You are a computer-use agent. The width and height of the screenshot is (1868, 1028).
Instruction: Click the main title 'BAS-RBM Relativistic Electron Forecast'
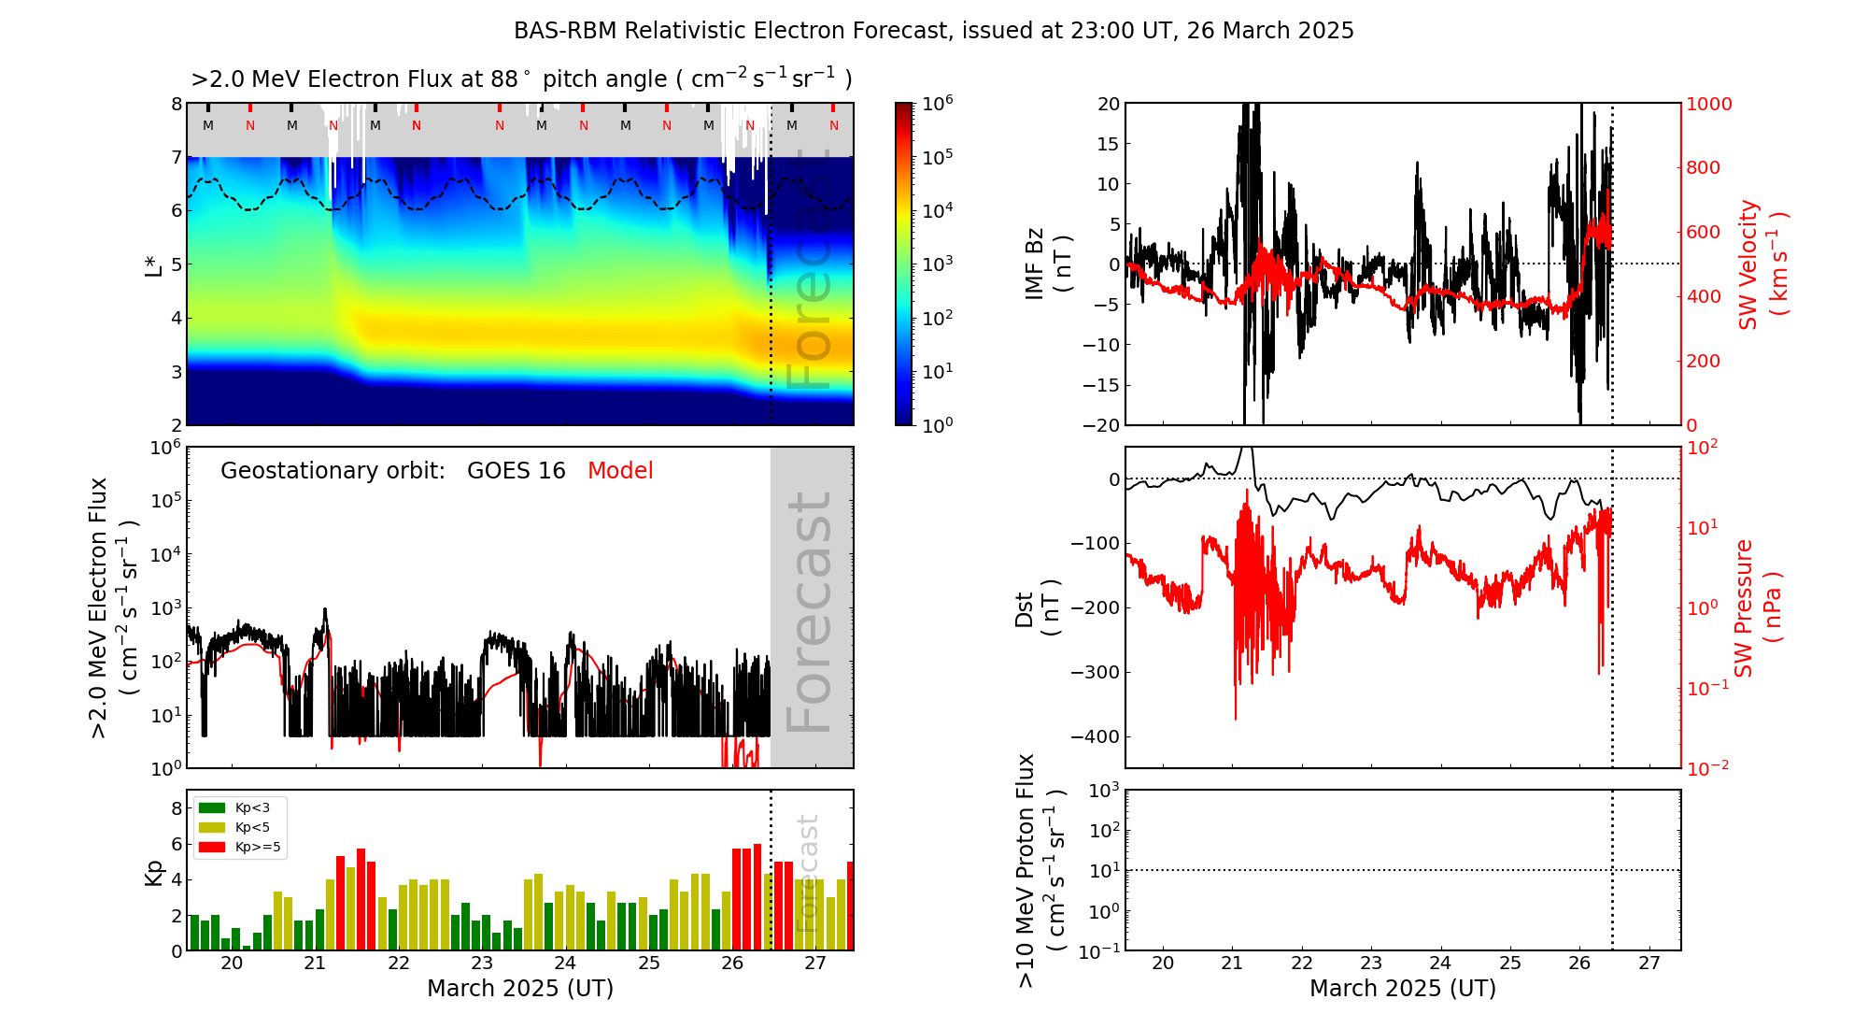(x=933, y=31)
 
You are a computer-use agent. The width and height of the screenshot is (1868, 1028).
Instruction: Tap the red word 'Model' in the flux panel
(x=620, y=471)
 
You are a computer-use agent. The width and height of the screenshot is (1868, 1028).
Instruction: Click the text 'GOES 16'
(x=517, y=471)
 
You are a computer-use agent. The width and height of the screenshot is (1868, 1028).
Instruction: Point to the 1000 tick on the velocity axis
(x=1708, y=104)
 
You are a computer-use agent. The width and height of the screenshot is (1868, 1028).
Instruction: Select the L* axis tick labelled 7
(x=176, y=157)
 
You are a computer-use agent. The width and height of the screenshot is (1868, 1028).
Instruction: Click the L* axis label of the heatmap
(x=153, y=264)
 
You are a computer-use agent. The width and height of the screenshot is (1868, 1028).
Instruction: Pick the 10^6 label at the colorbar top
(x=938, y=103)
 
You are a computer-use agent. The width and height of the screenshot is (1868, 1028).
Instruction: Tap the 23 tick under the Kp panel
(x=482, y=964)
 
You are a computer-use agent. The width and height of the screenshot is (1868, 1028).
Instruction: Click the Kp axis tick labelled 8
(x=176, y=808)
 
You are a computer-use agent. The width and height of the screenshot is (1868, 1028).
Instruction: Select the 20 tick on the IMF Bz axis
(x=1108, y=104)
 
